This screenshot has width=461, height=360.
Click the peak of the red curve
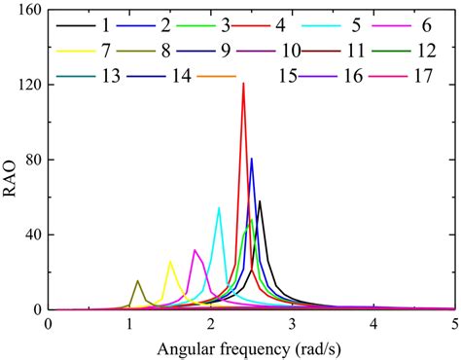(243, 84)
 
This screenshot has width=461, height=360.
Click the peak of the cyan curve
(219, 207)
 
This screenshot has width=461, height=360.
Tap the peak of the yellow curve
(170, 261)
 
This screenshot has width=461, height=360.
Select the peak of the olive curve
(137, 280)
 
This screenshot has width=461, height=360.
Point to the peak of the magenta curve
(195, 250)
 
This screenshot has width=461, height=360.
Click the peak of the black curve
(260, 200)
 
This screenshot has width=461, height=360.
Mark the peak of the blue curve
(252, 159)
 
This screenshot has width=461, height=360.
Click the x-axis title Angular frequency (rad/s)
(251, 347)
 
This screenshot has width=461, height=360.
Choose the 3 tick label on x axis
(293, 323)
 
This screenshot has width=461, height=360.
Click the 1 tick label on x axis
(129, 323)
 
